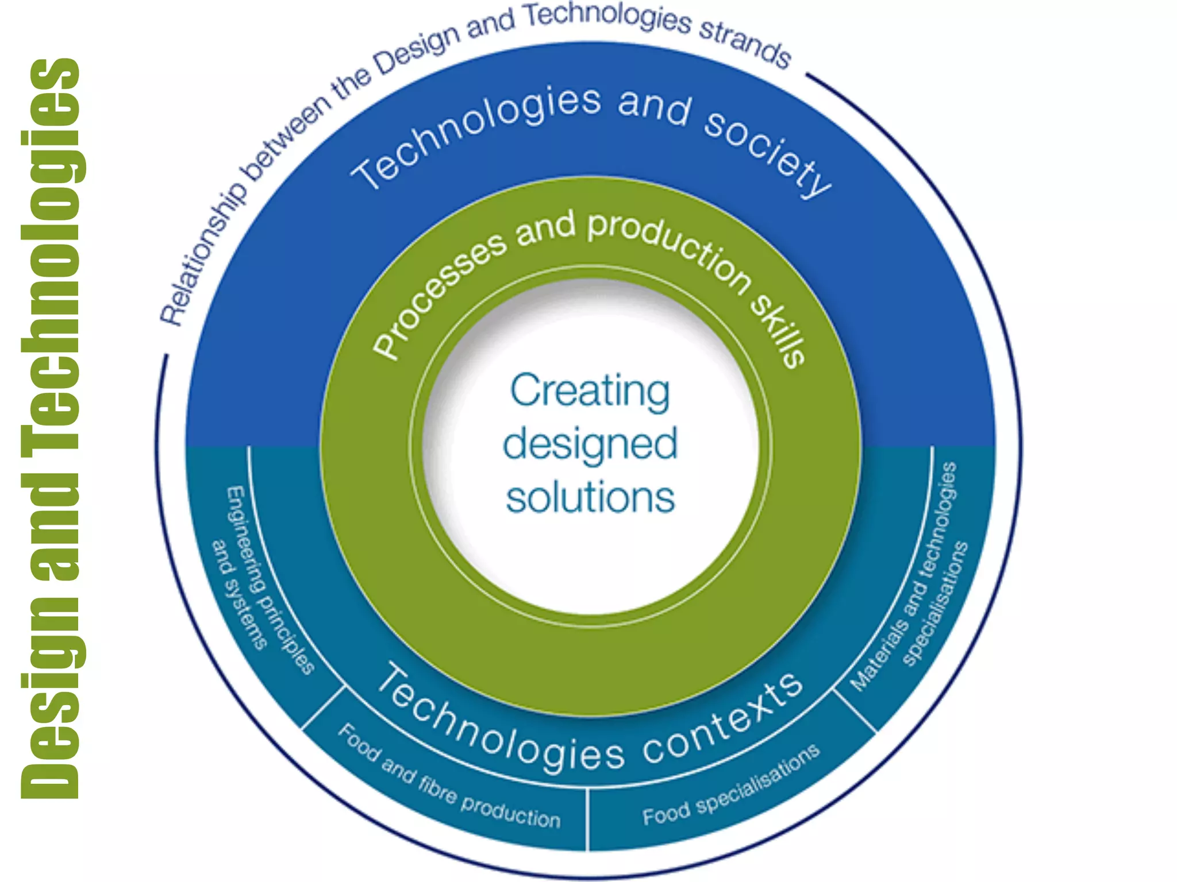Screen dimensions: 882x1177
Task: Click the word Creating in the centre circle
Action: click(590, 391)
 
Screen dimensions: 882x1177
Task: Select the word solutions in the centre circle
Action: click(590, 498)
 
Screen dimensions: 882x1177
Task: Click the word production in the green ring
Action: click(670, 250)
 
